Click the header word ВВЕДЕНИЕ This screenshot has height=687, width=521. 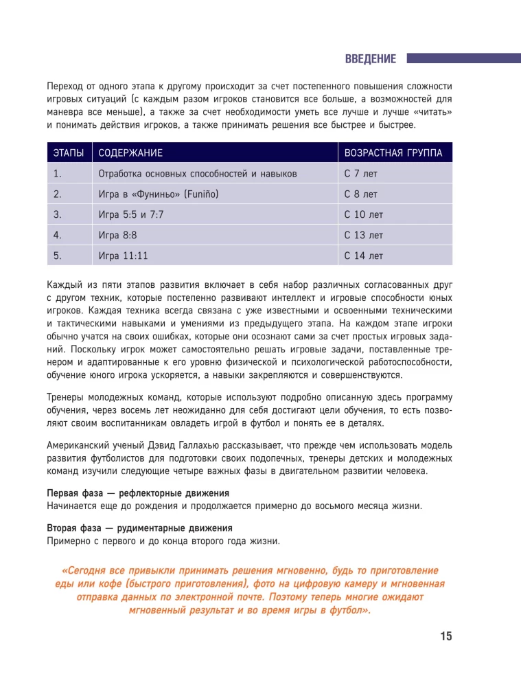click(371, 59)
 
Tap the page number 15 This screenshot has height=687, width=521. click(445, 636)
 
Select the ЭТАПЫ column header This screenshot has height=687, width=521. click(69, 153)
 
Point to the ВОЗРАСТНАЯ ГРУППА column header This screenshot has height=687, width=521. click(393, 153)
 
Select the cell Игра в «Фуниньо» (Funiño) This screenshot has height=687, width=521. click(159, 194)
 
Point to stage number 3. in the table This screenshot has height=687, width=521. click(58, 215)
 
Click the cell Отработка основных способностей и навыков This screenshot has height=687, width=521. click(198, 174)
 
